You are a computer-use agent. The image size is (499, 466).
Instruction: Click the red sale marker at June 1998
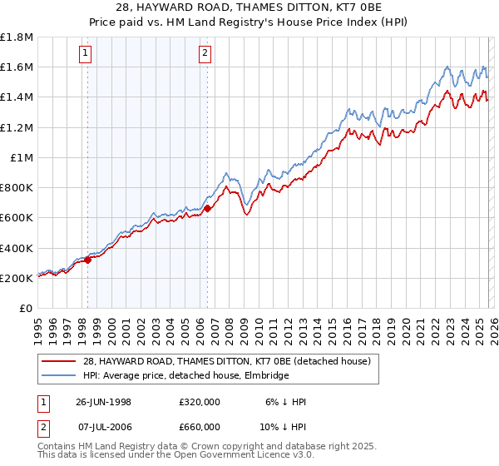coord(88,260)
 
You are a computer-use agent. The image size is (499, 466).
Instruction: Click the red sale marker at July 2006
coord(207,209)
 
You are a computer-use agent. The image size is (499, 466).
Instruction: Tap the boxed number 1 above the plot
coord(86,55)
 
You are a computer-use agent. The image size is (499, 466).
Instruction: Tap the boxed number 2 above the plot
coord(205,55)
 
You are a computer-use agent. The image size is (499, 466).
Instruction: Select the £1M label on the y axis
coord(22,158)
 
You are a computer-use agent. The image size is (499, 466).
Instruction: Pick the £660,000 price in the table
coord(200,429)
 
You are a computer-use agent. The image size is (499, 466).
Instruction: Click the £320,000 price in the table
coord(200,401)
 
